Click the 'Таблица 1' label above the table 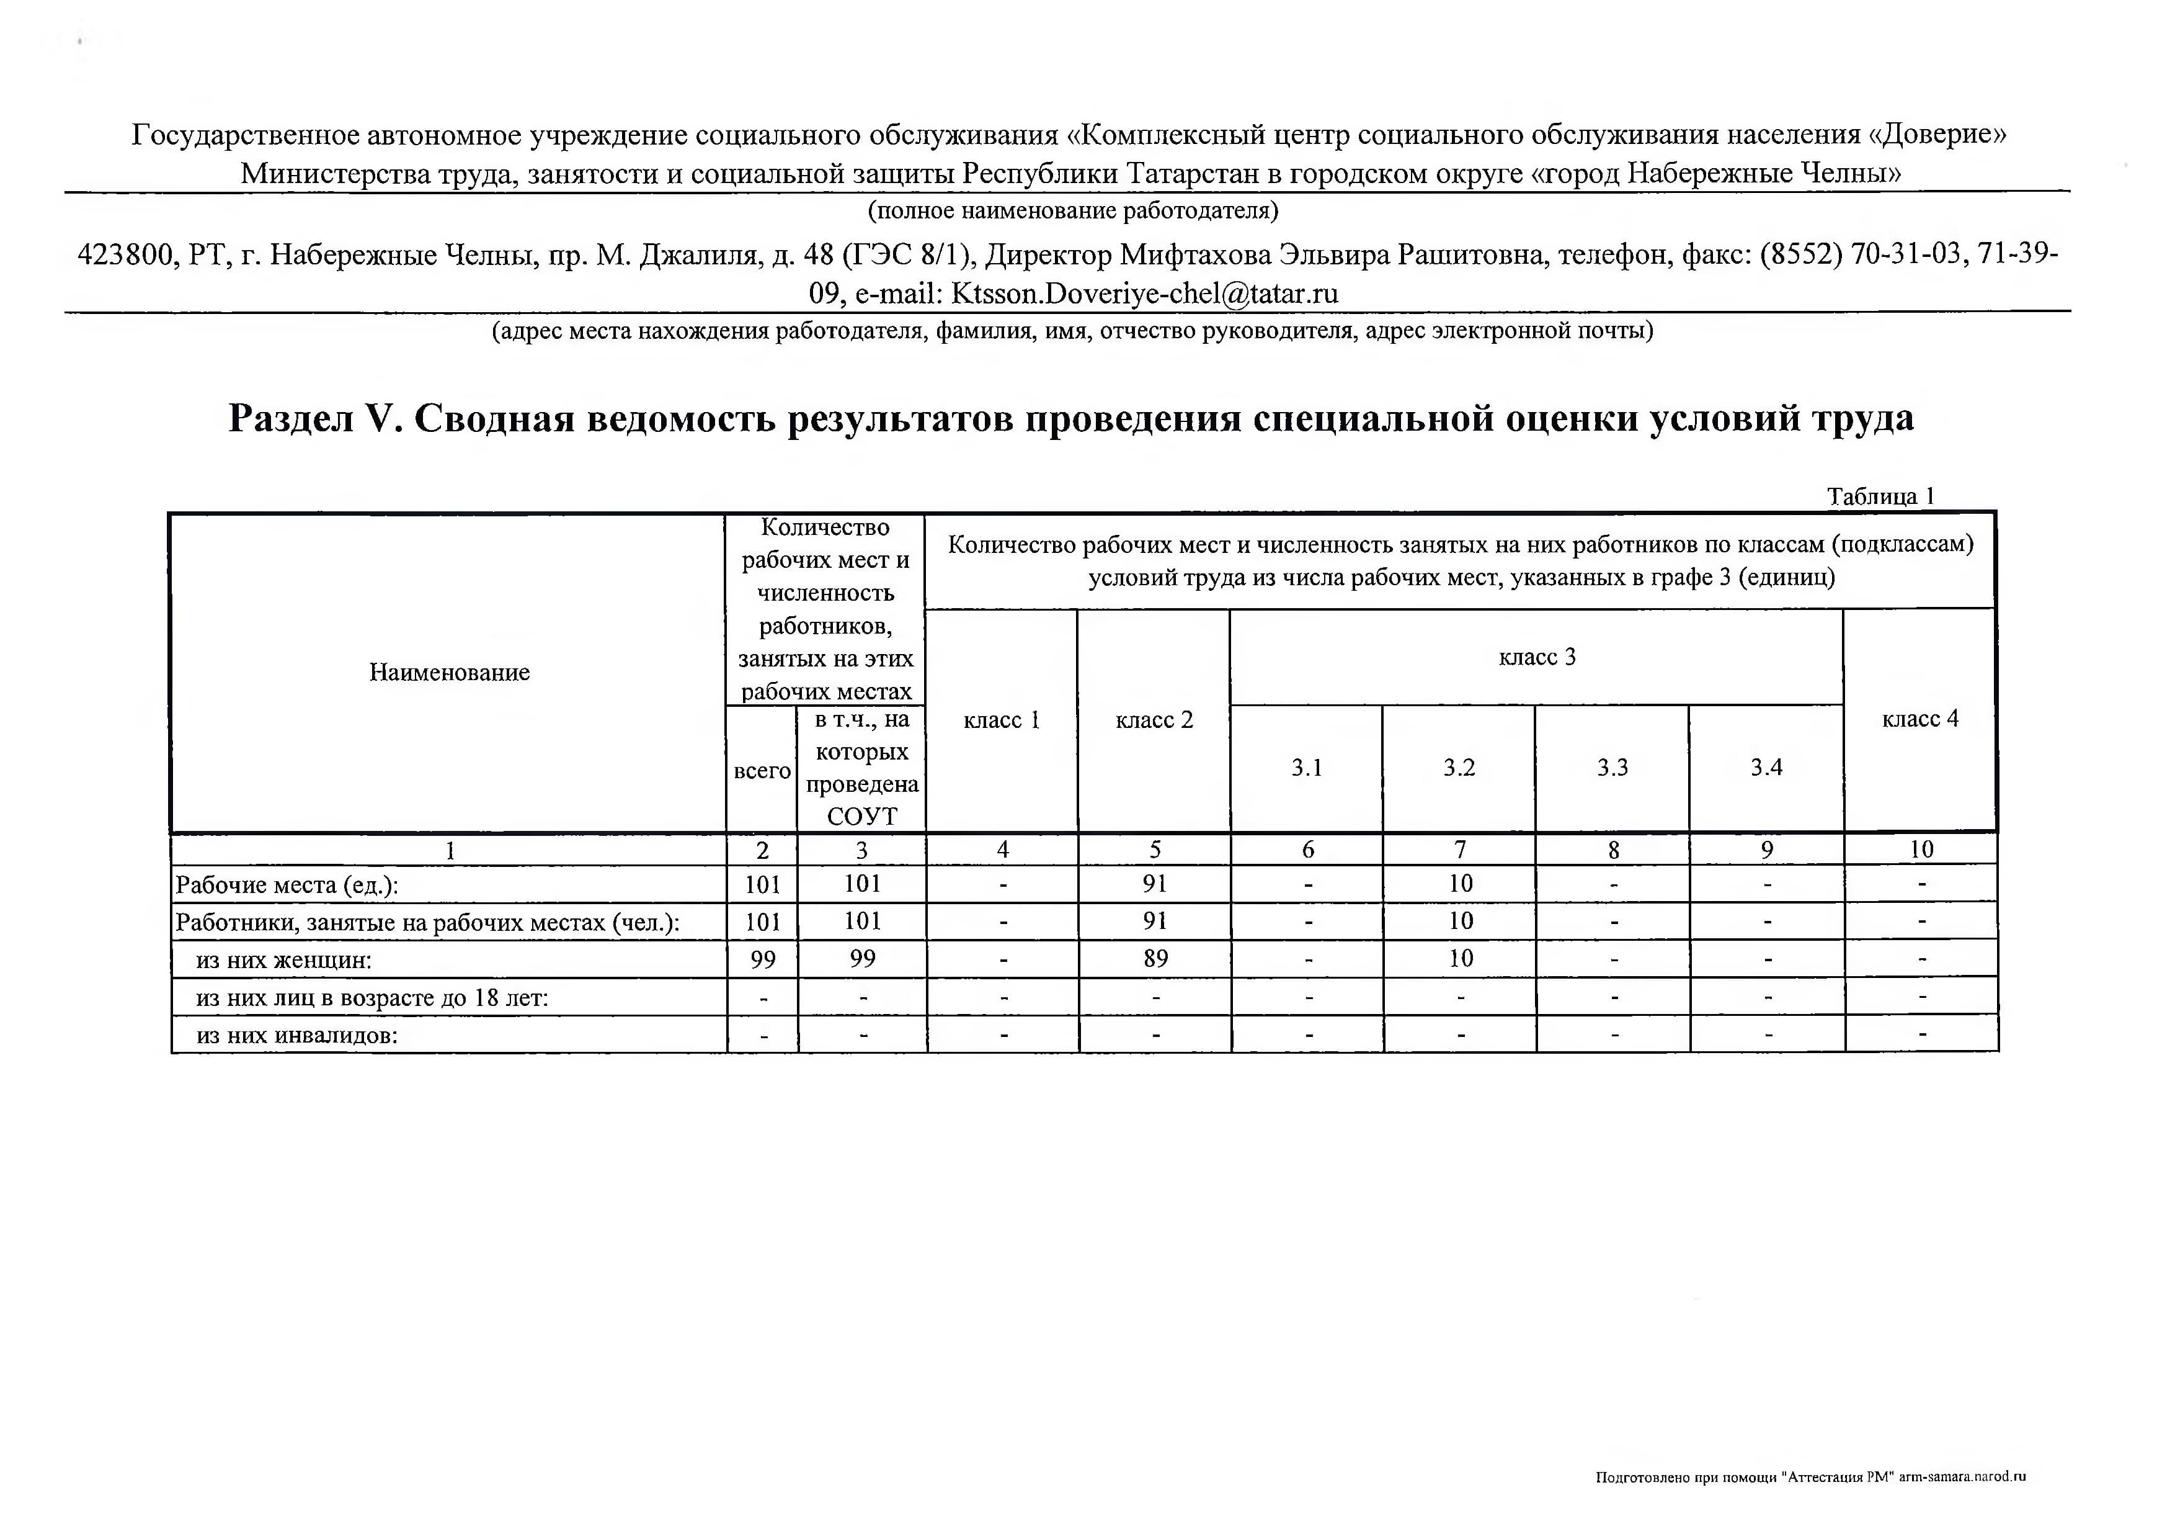pyautogui.click(x=1880, y=496)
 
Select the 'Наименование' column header pyautogui.click(x=449, y=673)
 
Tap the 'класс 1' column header pyautogui.click(x=1002, y=720)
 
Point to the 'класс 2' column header pyautogui.click(x=1154, y=720)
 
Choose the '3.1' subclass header pyautogui.click(x=1306, y=768)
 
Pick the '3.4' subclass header pyautogui.click(x=1766, y=768)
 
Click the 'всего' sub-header pyautogui.click(x=762, y=771)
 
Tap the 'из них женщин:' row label pyautogui.click(x=283, y=961)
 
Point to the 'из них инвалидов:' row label pyautogui.click(x=296, y=1036)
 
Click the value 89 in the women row pyautogui.click(x=1155, y=959)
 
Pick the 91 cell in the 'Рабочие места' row pyautogui.click(x=1155, y=884)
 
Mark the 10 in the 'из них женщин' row pyautogui.click(x=1460, y=959)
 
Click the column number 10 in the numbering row pyautogui.click(x=1920, y=850)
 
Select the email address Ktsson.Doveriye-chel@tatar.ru pyautogui.click(x=1144, y=294)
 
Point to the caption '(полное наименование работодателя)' pyautogui.click(x=1074, y=210)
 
